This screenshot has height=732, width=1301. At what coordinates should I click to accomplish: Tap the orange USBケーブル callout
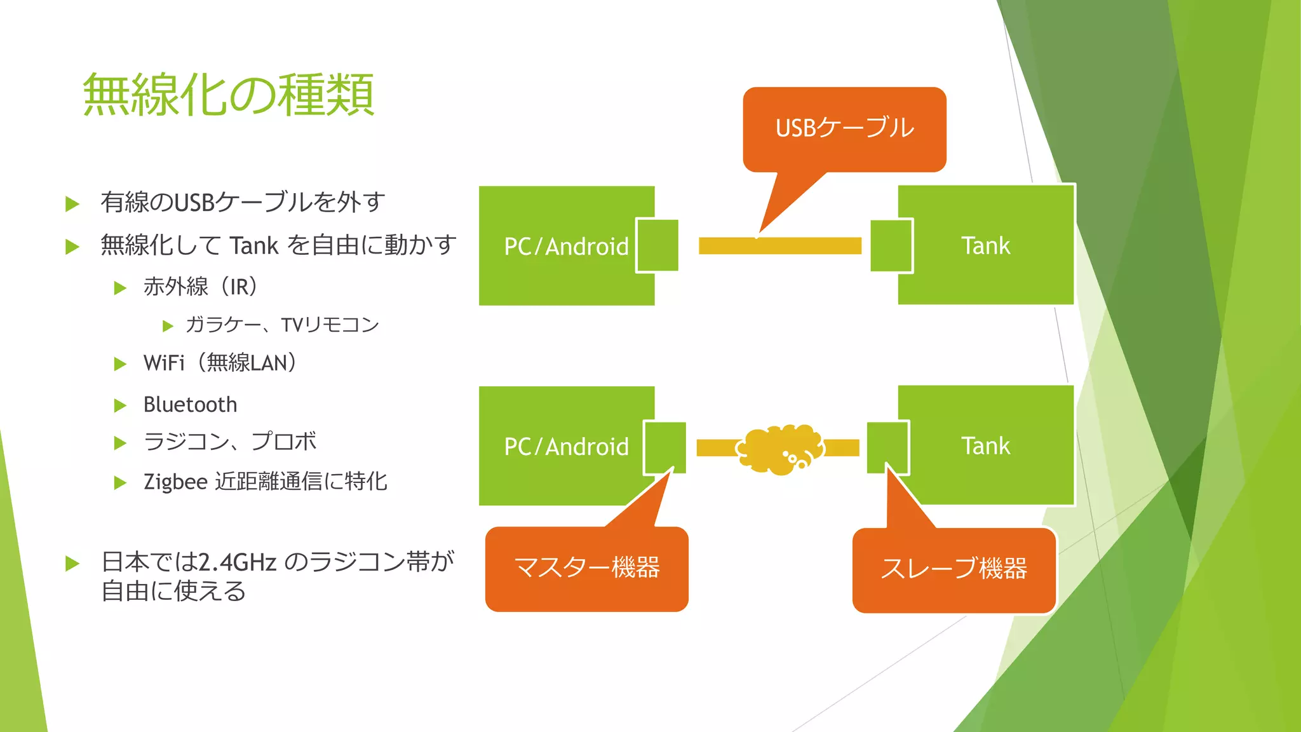(x=844, y=128)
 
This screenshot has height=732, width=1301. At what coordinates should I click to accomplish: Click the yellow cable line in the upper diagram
(x=779, y=246)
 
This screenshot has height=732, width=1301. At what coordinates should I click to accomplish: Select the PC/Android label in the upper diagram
(x=566, y=247)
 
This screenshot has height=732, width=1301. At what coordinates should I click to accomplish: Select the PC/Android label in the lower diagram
(x=566, y=447)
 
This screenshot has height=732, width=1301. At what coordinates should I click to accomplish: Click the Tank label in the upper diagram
(x=985, y=246)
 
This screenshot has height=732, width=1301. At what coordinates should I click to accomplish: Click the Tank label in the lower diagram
(x=985, y=446)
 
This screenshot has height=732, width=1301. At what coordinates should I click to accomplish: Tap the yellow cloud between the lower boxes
(x=779, y=449)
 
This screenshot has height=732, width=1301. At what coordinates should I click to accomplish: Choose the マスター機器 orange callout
(x=586, y=567)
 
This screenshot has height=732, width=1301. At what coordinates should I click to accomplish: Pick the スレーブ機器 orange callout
(x=954, y=569)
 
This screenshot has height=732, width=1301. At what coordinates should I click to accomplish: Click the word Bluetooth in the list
(x=190, y=405)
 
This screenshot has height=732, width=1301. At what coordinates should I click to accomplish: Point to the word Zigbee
(x=175, y=482)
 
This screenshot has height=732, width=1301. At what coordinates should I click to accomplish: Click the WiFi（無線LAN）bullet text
(x=220, y=363)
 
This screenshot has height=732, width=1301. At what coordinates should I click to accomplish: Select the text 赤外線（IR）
(x=201, y=287)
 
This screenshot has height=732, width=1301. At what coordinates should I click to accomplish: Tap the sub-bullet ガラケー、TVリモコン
(x=282, y=325)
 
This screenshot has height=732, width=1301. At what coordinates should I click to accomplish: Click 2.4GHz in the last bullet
(x=237, y=562)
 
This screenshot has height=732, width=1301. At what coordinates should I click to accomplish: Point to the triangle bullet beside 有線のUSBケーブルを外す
(x=72, y=204)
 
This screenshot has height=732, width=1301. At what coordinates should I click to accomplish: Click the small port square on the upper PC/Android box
(x=657, y=245)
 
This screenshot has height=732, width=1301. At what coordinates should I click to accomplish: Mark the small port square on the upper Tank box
(x=891, y=246)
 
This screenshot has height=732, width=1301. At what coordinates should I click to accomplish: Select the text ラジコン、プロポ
(x=230, y=442)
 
